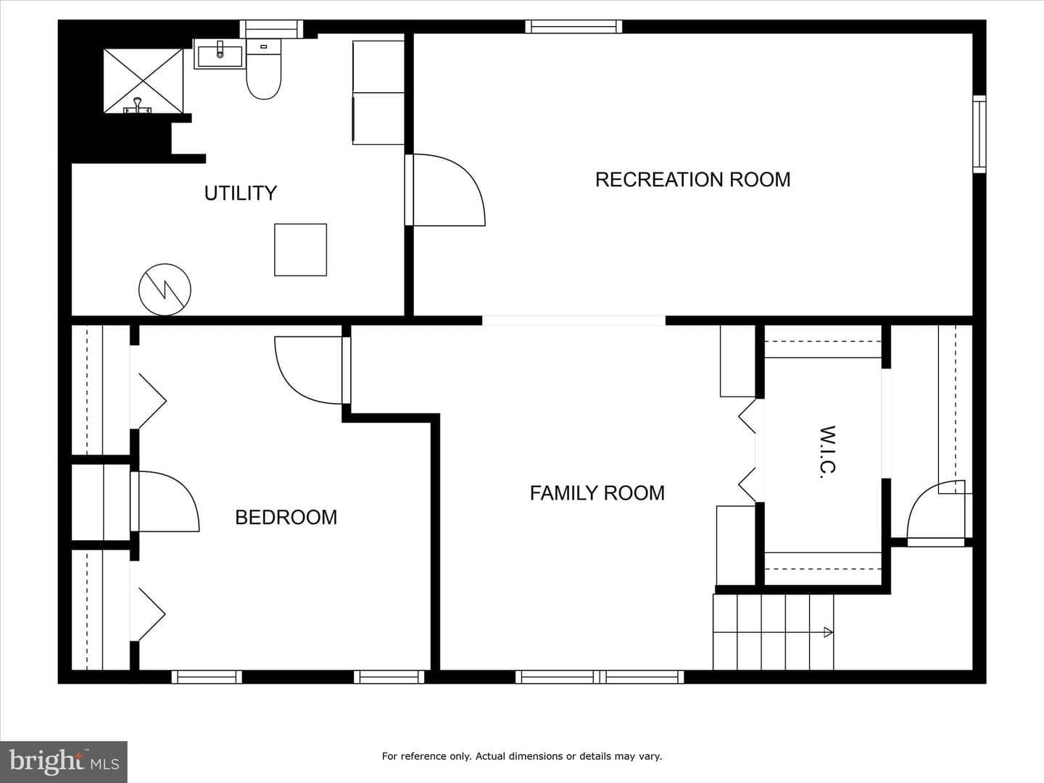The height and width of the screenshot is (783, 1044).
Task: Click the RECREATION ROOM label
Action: [692, 180]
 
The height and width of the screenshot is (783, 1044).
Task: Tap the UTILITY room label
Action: [241, 193]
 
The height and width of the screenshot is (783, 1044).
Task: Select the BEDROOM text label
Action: [286, 517]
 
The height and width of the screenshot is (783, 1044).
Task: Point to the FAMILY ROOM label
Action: [597, 493]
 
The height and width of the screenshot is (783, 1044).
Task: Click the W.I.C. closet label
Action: [828, 452]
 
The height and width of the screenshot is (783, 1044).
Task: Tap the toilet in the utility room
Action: [263, 70]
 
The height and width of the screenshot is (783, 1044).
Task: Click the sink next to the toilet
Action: [220, 54]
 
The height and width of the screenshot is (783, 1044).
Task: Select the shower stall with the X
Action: [143, 80]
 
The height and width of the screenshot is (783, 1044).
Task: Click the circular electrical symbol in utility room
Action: [165, 289]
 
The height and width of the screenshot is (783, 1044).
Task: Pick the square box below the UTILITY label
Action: [301, 249]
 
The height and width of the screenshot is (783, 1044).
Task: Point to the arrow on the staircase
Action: [828, 632]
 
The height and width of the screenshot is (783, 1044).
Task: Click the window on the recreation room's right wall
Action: [979, 134]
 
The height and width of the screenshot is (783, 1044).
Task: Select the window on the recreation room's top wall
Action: [573, 27]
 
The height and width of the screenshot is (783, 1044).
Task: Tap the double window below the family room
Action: [600, 677]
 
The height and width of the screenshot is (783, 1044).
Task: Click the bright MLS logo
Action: [64, 761]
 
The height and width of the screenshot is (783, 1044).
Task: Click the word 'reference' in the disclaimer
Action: [440, 756]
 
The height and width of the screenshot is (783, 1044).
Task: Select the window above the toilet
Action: [271, 28]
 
